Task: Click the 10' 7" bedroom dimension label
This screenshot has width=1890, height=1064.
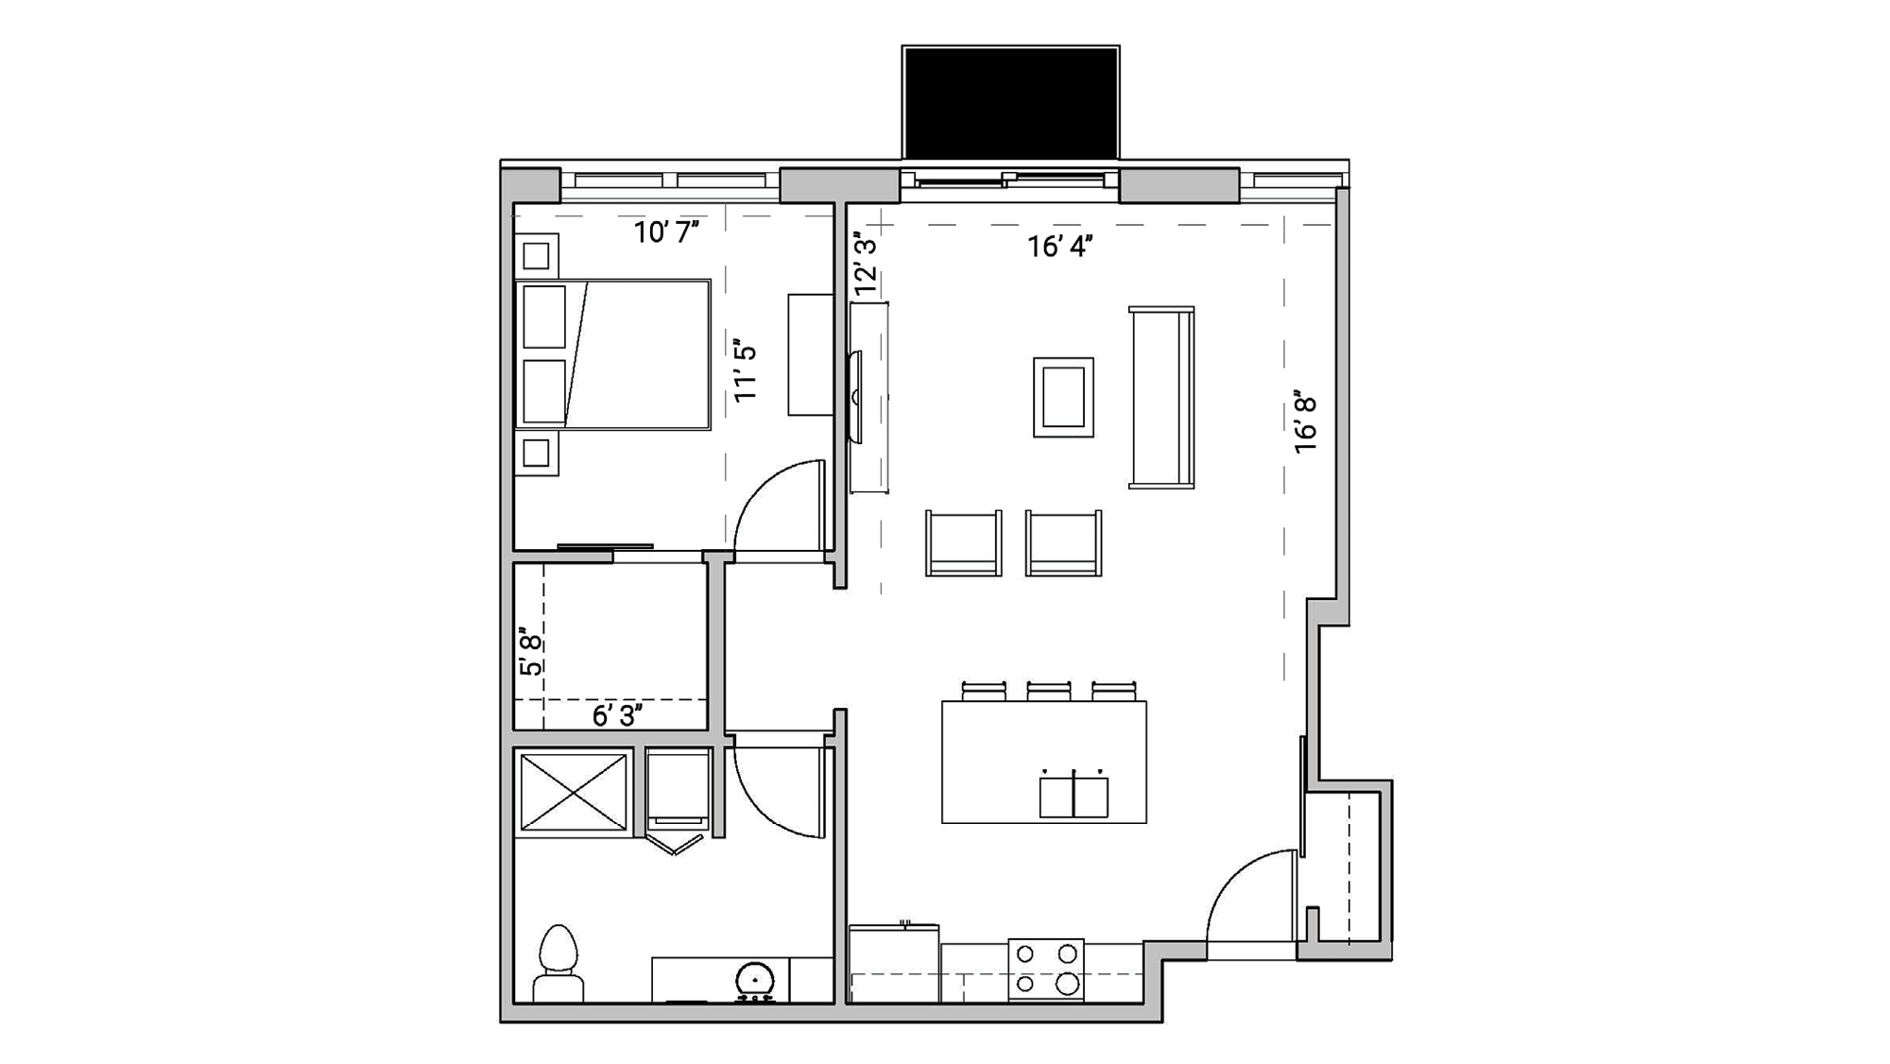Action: [666, 232]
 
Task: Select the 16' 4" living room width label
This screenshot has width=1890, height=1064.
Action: [1060, 247]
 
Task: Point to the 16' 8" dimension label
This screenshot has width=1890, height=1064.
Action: [1305, 423]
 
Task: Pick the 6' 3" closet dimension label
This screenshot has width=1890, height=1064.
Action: [617, 716]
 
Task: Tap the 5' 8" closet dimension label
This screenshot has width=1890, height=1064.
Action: [532, 652]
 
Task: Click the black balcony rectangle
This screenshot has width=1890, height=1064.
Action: [1010, 102]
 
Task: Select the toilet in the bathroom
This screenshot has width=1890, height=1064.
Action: [558, 964]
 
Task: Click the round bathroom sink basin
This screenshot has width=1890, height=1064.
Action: [755, 980]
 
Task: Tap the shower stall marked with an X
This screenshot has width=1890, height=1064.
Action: [574, 793]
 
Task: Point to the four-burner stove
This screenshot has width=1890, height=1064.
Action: [1046, 969]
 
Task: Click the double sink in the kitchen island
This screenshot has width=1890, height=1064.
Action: [1074, 796]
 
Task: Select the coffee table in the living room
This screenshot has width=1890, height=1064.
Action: [1063, 397]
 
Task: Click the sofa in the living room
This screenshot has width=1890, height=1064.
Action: [1161, 397]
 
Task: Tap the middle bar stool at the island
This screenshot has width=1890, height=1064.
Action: [1049, 692]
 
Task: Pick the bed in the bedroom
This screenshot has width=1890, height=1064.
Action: [613, 354]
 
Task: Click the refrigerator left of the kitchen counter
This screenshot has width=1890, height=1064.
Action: [893, 963]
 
